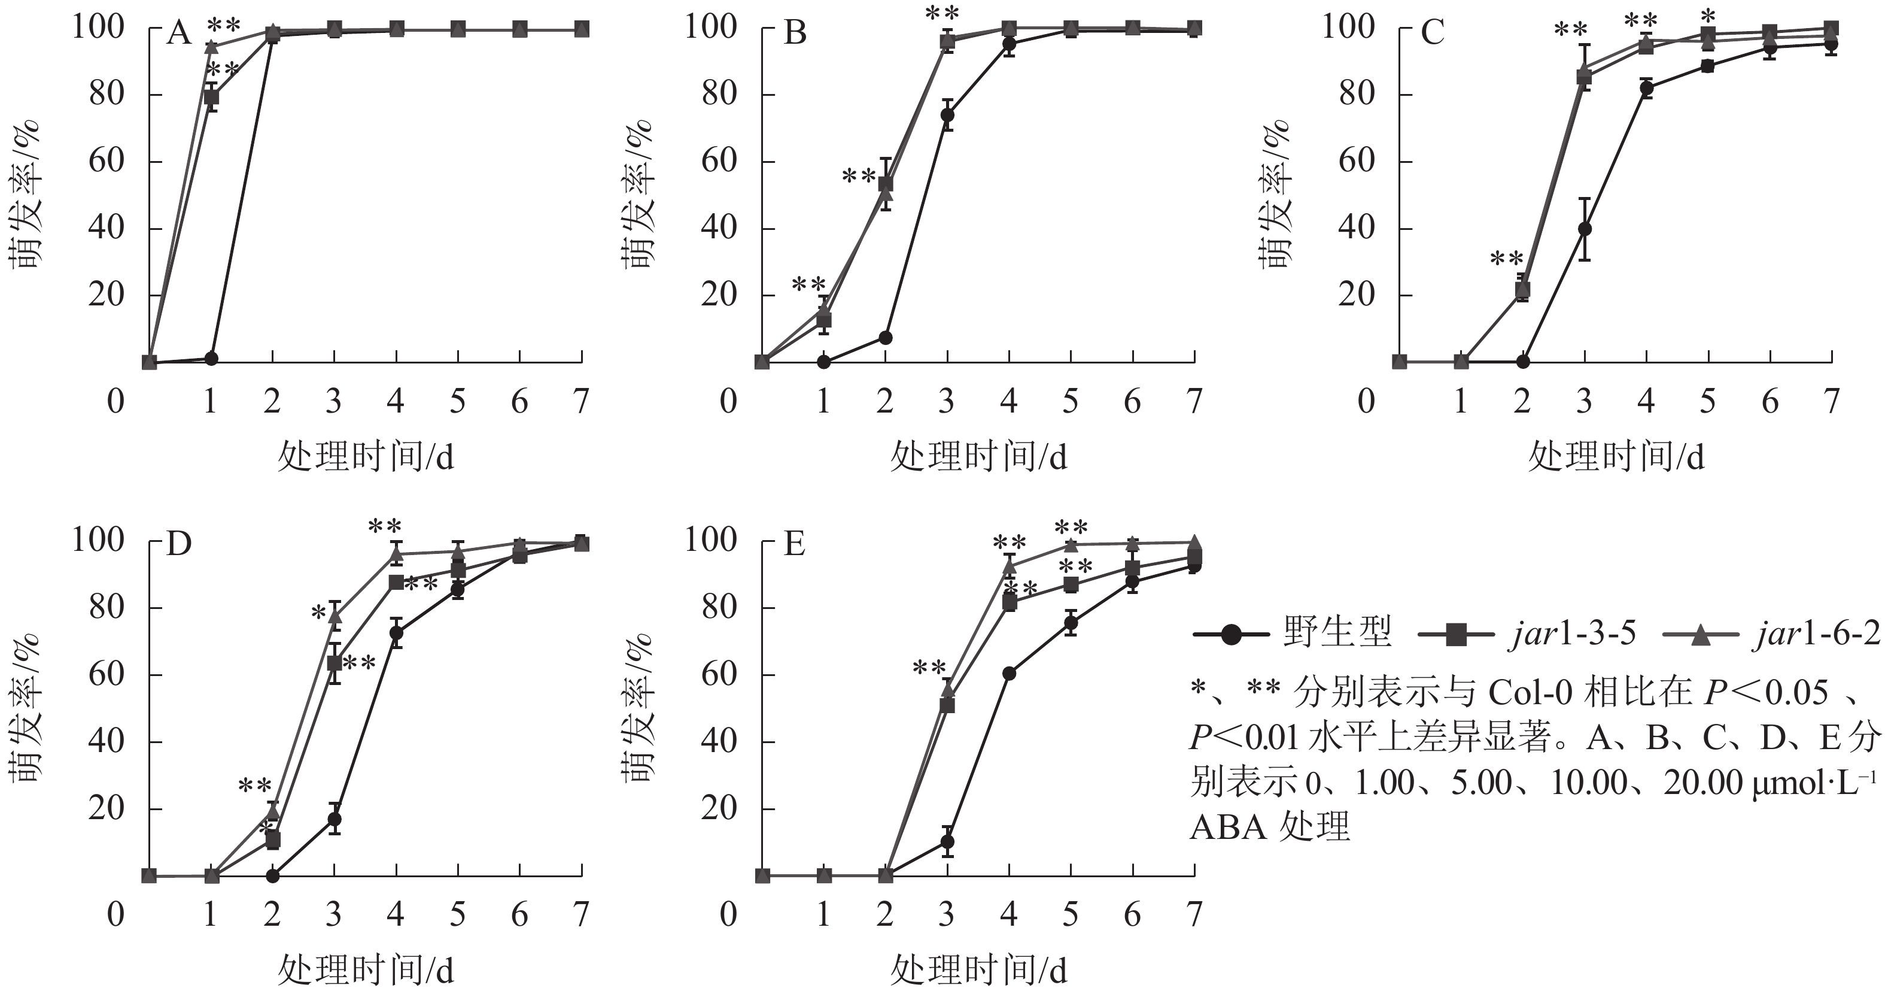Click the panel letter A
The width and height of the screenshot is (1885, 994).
[178, 33]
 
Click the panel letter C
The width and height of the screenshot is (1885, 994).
[1431, 33]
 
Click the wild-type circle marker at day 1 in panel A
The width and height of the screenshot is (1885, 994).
[211, 359]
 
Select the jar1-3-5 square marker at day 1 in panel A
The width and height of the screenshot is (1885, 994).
[211, 96]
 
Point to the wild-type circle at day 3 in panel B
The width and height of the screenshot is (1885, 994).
[947, 115]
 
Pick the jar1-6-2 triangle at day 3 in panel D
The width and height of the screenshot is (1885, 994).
[335, 616]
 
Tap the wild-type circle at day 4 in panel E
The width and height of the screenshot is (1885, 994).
[1009, 674]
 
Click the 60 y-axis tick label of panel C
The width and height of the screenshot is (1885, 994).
[1357, 161]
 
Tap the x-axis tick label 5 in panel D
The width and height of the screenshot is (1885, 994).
[457, 914]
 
